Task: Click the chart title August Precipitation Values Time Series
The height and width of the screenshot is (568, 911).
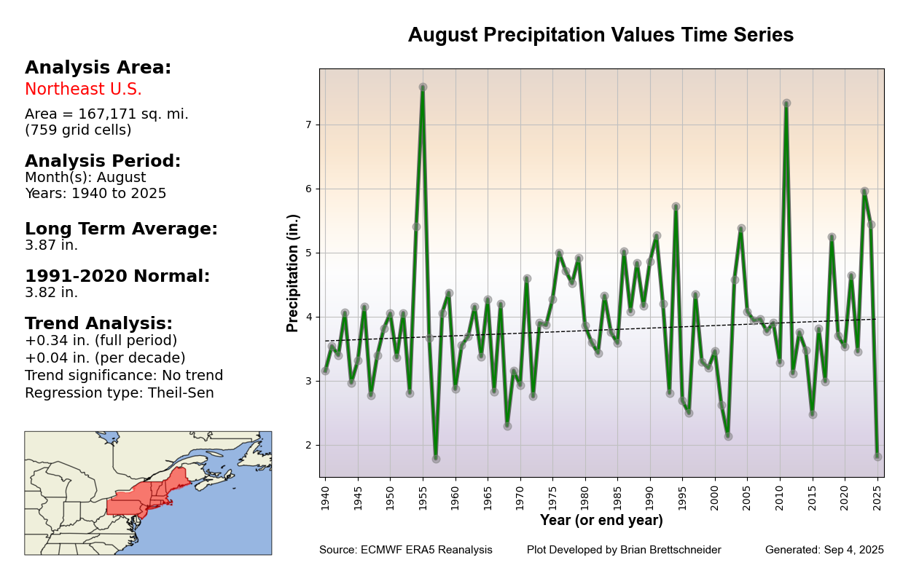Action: pos(601,36)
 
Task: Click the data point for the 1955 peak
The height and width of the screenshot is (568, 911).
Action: pos(423,87)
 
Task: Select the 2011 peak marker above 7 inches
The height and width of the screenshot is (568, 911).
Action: pos(786,103)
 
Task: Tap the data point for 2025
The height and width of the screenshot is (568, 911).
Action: pos(877,457)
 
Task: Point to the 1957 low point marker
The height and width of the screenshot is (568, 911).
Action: pos(436,459)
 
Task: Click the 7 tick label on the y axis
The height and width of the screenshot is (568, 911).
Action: pos(308,125)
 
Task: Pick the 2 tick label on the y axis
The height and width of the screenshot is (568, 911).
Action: pos(308,446)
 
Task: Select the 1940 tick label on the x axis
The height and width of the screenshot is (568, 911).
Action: pos(325,496)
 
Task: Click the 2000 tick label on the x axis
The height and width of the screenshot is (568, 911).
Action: pos(715,496)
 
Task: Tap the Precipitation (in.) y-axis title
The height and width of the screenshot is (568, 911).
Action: pos(293,273)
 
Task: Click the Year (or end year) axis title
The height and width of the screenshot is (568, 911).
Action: pos(601,521)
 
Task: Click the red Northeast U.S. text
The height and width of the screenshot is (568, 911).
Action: pos(83,90)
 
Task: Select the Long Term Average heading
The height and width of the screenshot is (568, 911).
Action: pos(121,229)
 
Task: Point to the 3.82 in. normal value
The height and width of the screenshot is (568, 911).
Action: pos(51,293)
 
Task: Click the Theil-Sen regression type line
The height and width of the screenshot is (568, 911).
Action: pos(120,393)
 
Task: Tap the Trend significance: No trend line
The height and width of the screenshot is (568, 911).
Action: pos(124,376)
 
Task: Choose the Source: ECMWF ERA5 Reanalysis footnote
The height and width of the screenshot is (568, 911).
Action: pos(405,551)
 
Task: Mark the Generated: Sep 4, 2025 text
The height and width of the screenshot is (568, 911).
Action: pos(824,551)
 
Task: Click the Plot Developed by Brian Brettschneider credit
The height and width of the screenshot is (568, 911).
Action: pos(624,551)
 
